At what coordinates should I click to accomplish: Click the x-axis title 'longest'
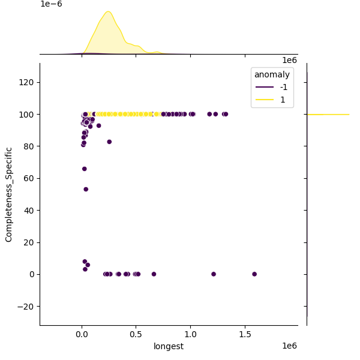(x=169, y=346)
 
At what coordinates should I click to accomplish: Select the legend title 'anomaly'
(x=272, y=74)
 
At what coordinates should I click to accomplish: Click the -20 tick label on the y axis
(x=25, y=307)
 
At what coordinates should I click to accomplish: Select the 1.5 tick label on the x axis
(x=245, y=334)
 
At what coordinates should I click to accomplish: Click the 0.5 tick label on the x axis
(x=136, y=334)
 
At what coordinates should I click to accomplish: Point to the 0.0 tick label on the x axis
(x=82, y=334)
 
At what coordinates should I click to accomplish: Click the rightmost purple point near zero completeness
(x=254, y=274)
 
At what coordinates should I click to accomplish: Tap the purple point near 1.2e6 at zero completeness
(x=214, y=274)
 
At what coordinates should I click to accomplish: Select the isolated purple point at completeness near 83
(x=109, y=142)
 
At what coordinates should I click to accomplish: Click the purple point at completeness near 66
(x=85, y=169)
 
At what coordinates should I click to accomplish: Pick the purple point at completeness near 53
(x=86, y=189)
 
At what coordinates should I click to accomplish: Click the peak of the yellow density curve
(x=108, y=11)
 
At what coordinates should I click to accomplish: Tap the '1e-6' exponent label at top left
(x=51, y=4)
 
